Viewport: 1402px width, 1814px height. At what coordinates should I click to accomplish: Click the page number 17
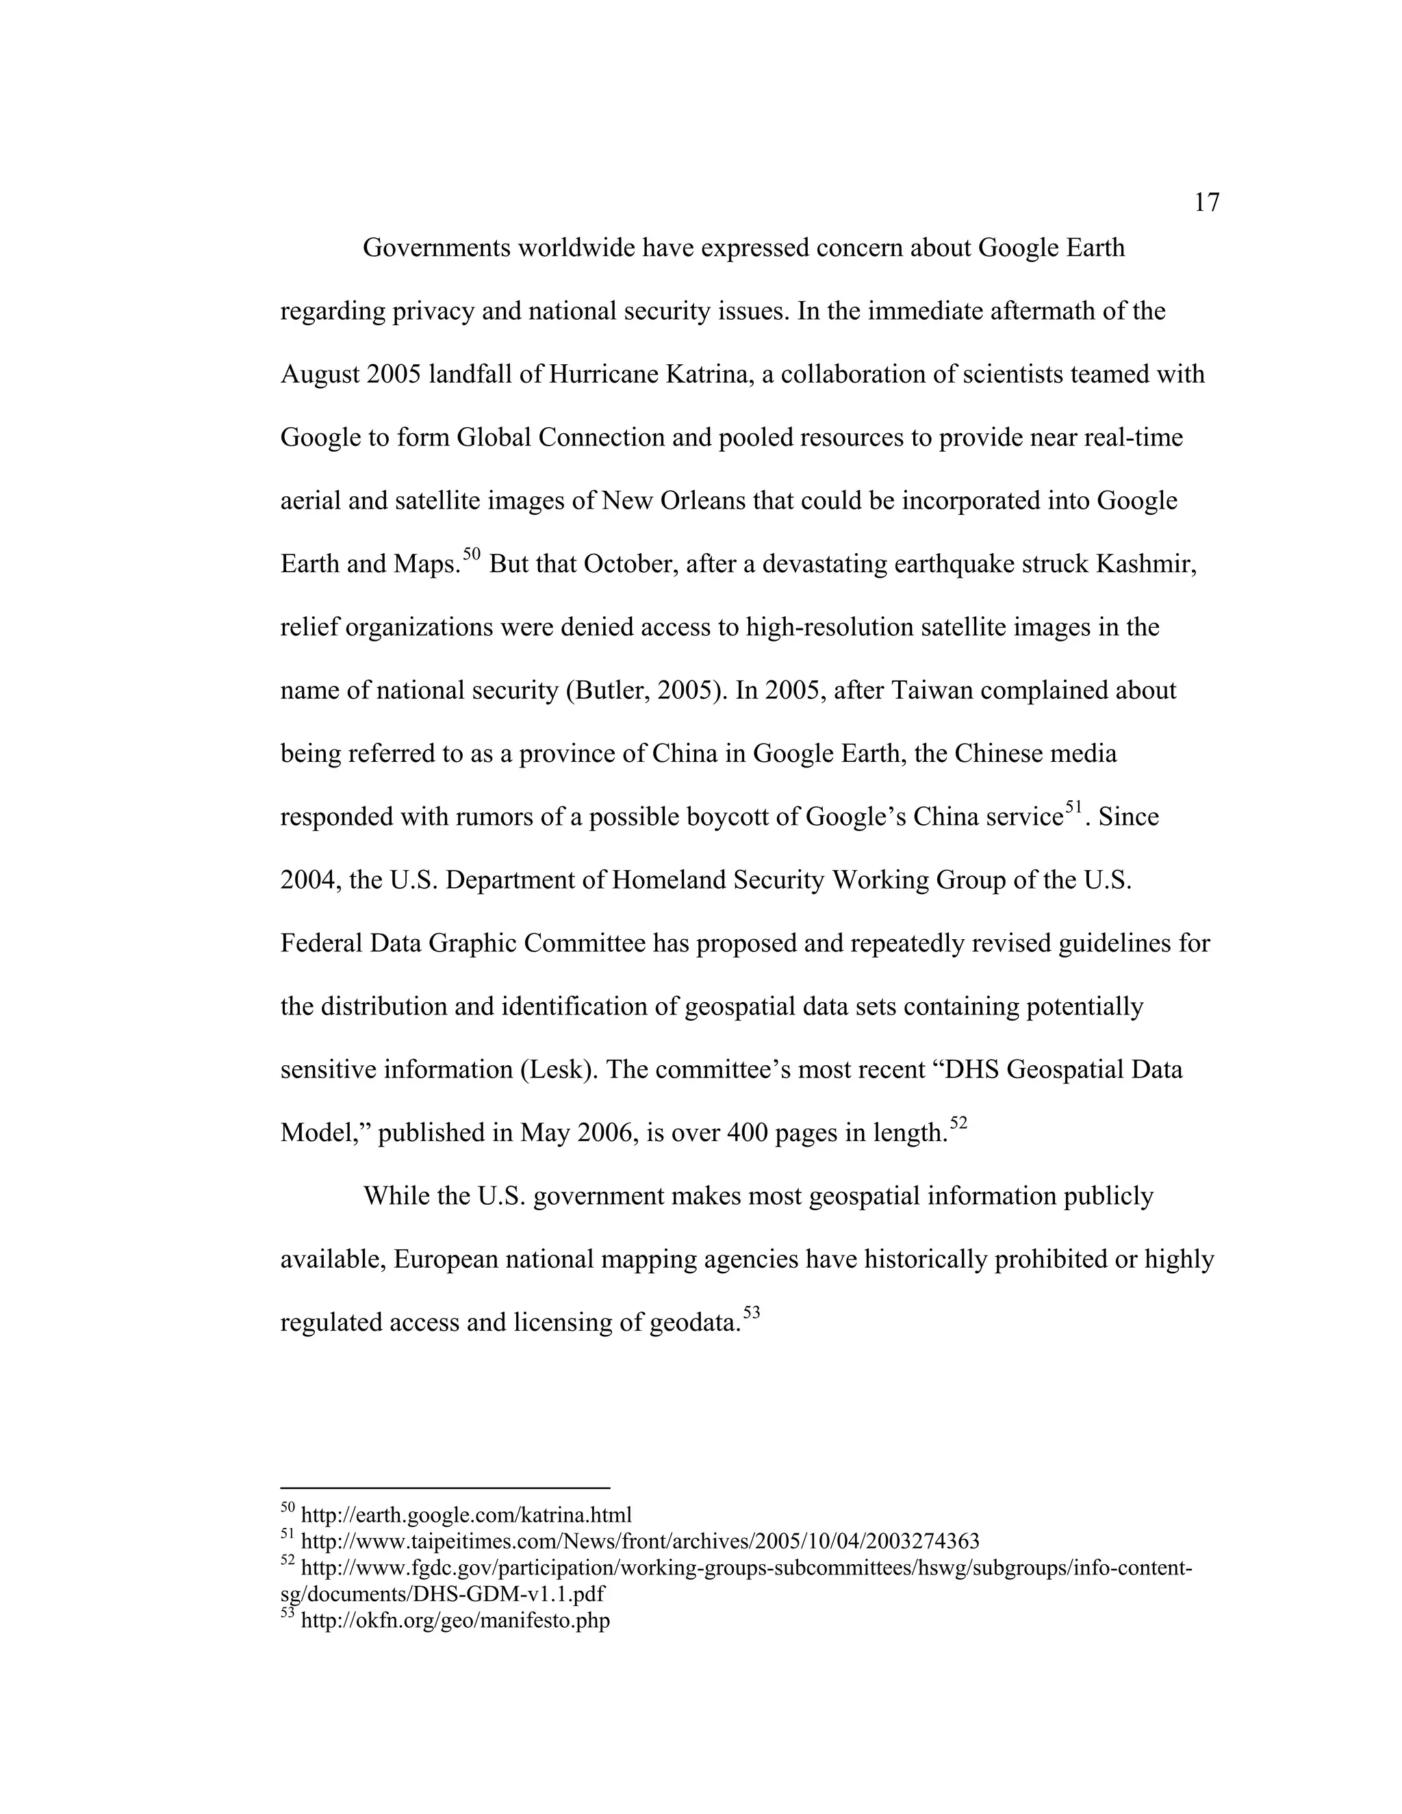pyautogui.click(x=1206, y=203)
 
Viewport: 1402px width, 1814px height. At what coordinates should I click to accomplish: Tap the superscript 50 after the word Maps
pyautogui.click(x=472, y=554)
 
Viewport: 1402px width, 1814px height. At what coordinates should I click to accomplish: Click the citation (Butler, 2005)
pyautogui.click(x=646, y=691)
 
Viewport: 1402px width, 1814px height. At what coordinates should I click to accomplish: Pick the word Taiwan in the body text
pyautogui.click(x=927, y=691)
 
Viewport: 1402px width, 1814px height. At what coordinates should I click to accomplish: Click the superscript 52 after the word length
pyautogui.click(x=958, y=1123)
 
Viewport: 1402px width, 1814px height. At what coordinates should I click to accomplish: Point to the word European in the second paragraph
pyautogui.click(x=444, y=1260)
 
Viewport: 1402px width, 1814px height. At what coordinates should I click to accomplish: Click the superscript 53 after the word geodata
pyautogui.click(x=751, y=1312)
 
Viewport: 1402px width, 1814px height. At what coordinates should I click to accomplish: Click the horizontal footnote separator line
pyautogui.click(x=444, y=1487)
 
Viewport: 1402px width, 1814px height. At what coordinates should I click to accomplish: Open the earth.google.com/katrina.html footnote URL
pyautogui.click(x=465, y=1515)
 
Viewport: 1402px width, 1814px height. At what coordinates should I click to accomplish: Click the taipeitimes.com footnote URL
pyautogui.click(x=639, y=1542)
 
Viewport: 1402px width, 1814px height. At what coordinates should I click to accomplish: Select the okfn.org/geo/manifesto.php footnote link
pyautogui.click(x=455, y=1620)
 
